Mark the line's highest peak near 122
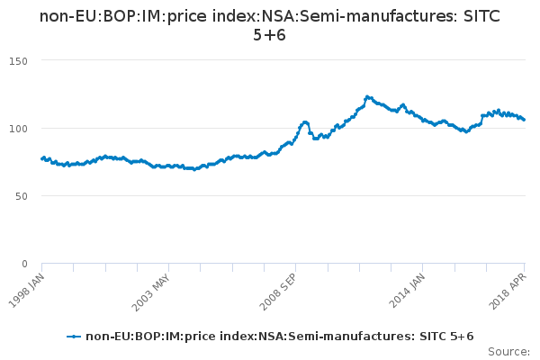click(366, 96)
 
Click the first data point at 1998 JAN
click(42, 158)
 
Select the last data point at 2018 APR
click(525, 120)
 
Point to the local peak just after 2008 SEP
click(305, 121)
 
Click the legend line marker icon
click(75, 337)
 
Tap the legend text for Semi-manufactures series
click(279, 337)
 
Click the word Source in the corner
click(508, 351)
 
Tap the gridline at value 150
click(270, 60)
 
